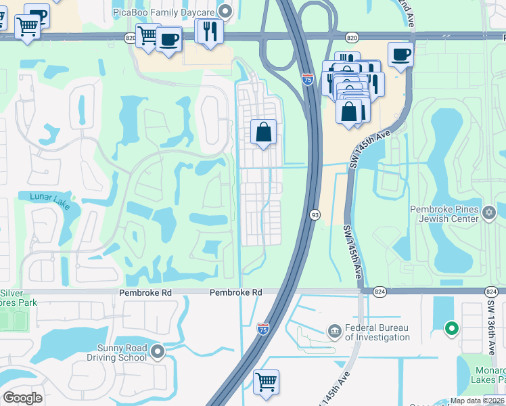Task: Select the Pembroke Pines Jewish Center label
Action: [444, 214]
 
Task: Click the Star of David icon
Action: [490, 214]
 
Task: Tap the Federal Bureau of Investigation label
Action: [377, 332]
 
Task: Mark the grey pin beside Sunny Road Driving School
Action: [158, 351]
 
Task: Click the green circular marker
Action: [451, 330]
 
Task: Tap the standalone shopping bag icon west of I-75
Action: [264, 132]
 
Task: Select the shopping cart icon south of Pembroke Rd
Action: [267, 382]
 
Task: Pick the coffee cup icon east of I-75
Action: [400, 54]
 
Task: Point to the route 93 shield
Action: [315, 215]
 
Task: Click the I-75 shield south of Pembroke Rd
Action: [263, 329]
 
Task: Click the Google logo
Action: [23, 398]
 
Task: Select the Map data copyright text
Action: [477, 401]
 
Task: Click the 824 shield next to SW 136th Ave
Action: [492, 291]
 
